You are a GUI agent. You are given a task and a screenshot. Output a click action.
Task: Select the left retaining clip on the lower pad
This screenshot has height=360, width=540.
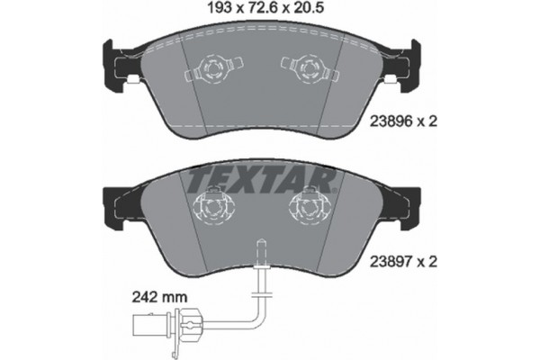tap(213, 209)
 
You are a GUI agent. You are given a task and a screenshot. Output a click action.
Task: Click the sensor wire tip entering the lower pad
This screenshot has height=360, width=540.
tap(261, 247)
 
